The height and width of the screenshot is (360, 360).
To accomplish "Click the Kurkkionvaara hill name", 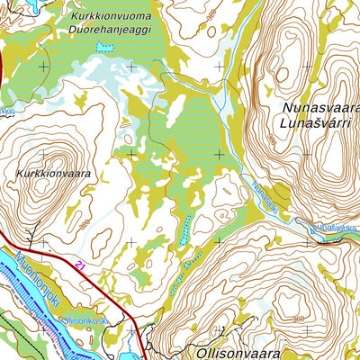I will [x=53, y=172].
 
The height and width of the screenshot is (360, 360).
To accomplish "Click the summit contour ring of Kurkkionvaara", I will [x=40, y=193].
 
